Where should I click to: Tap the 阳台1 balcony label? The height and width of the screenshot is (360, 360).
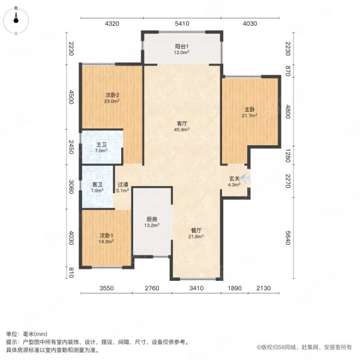point(181,47)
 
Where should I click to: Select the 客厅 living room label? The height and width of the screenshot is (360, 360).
point(181,123)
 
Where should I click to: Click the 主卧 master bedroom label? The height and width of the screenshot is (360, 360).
point(250,110)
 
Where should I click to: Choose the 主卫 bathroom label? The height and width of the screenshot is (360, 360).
point(101,145)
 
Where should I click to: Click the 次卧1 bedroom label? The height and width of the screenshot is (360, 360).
point(106,235)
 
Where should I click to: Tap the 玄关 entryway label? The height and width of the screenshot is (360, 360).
point(234,178)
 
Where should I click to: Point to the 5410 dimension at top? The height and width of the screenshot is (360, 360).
point(181,24)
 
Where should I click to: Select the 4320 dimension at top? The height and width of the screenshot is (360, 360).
point(112,24)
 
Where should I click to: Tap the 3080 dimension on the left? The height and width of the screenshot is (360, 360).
point(71,187)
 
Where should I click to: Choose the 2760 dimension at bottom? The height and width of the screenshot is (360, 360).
point(152,289)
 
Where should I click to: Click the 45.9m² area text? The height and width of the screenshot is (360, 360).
point(181,130)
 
